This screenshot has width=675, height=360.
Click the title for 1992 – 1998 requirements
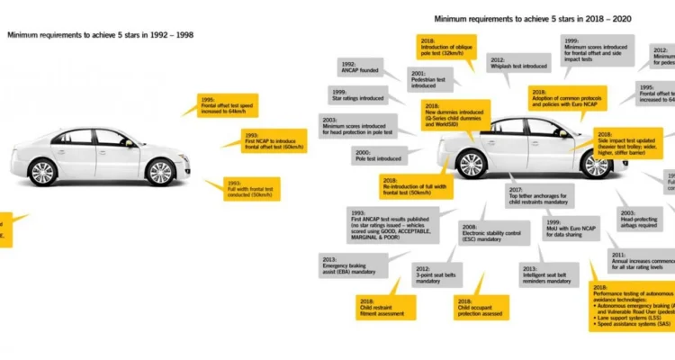(100, 35)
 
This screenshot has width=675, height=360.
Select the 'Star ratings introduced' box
(355, 95)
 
